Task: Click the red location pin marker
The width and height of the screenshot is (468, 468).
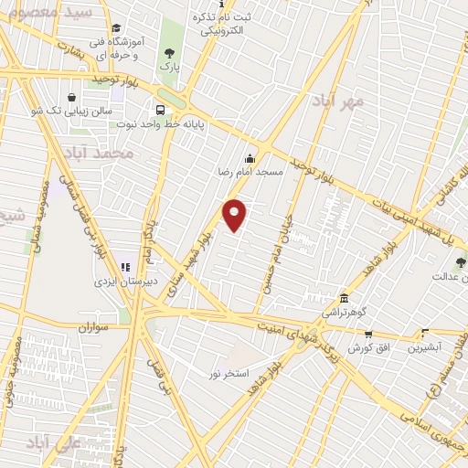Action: click(236, 215)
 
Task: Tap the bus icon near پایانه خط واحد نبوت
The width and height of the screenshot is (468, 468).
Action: click(161, 111)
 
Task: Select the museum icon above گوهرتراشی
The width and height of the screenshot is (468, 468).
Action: click(344, 298)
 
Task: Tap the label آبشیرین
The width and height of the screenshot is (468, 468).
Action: click(425, 348)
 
